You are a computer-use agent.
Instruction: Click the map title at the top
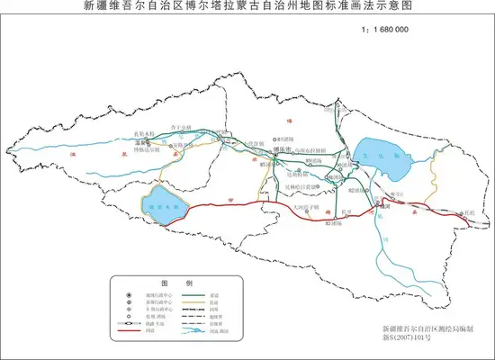[247, 6]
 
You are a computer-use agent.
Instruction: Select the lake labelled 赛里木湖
[163, 204]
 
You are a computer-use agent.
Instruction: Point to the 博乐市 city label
[284, 150]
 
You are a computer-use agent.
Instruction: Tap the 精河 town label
[382, 205]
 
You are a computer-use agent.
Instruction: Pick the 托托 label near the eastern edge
[465, 213]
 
